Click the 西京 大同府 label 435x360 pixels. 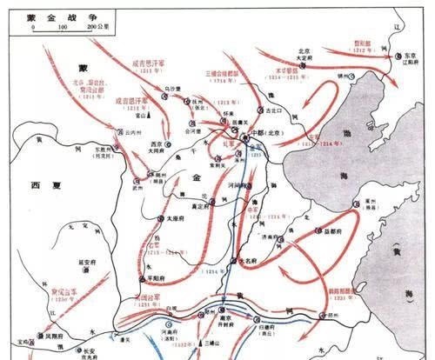[157, 145]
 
